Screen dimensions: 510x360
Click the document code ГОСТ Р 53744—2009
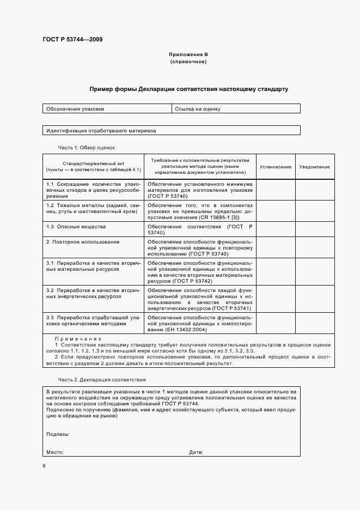[x=72, y=39]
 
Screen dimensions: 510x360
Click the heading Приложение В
[x=188, y=55]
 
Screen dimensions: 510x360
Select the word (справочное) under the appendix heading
[x=188, y=62]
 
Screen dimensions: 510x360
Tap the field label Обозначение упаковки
[x=75, y=109]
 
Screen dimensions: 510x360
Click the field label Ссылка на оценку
[x=198, y=109]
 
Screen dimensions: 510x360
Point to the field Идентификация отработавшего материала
[x=101, y=131]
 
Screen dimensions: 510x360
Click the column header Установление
[x=276, y=166]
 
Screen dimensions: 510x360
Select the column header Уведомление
[x=314, y=166]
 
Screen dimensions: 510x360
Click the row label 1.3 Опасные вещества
[x=76, y=226]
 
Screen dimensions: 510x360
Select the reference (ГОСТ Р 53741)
[x=228, y=308]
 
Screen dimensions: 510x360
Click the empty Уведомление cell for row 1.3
[x=315, y=229]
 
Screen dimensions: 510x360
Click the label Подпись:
[x=58, y=434]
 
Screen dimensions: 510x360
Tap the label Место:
[x=55, y=452]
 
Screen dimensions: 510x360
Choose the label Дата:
[x=196, y=452]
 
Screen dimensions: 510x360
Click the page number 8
[x=44, y=465]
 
